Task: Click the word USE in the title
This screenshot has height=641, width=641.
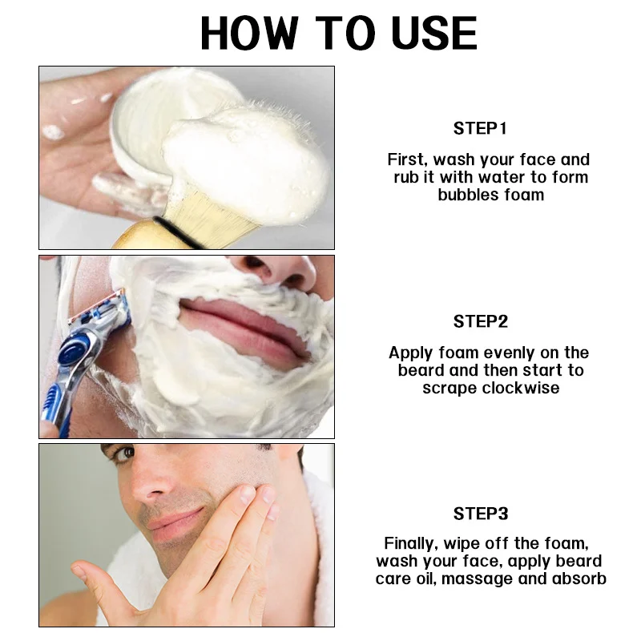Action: (434, 33)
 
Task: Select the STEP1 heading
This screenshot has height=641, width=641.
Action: (480, 128)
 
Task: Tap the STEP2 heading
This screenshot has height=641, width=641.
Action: (480, 321)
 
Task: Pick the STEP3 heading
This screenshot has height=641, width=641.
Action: (480, 514)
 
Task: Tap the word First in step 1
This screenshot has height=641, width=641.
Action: (408, 159)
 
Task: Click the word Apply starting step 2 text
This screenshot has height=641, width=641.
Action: (411, 353)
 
